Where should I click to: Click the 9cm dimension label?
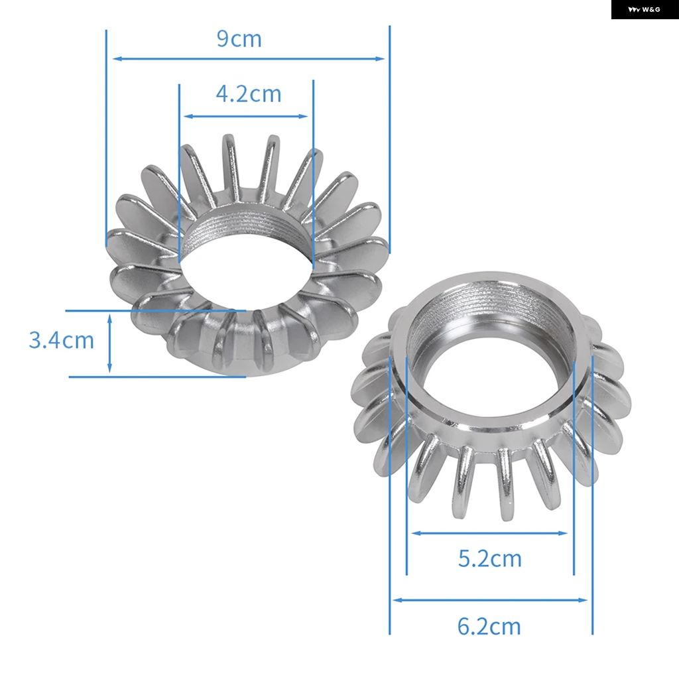239,39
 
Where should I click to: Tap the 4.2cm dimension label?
249,94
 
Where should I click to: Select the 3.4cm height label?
61,340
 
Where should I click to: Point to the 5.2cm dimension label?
490,558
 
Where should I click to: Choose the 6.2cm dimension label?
489,626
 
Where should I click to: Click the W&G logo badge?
645,9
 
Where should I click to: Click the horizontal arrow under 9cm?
248,58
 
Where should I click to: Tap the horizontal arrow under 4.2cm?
245,116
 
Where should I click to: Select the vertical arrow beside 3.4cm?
109,343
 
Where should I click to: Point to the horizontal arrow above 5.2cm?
489,533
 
